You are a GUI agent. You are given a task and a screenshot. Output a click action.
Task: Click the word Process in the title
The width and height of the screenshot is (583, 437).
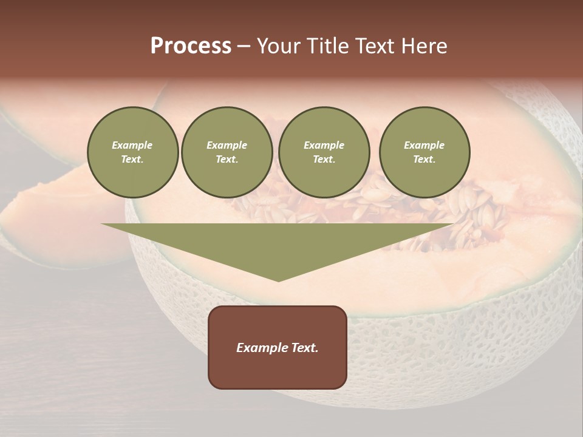click(191, 46)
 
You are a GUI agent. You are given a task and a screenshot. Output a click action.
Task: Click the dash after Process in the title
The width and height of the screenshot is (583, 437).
click(244, 47)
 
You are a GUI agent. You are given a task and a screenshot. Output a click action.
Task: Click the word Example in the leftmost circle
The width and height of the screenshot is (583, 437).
click(132, 145)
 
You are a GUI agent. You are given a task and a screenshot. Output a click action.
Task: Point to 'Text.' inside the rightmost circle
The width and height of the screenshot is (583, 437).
click(424, 159)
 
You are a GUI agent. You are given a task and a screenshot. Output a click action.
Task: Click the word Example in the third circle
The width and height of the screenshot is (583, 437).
click(324, 145)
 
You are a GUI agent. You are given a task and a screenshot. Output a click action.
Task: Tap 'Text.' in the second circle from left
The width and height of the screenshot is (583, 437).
click(227, 159)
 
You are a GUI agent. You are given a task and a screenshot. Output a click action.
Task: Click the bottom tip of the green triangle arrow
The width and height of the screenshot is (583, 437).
click(278, 279)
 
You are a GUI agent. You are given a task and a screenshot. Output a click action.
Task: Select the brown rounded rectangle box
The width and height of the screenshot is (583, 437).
click(278, 370)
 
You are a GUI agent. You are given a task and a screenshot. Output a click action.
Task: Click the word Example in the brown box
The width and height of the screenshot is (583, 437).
click(261, 348)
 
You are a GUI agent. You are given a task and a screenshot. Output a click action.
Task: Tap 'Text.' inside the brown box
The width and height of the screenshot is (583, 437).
click(304, 348)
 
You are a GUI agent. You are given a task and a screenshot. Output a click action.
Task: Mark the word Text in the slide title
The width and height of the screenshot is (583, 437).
click(375, 46)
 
